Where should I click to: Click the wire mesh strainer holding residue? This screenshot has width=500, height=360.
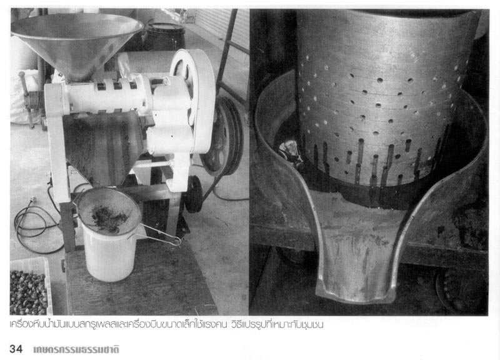tap(108, 211)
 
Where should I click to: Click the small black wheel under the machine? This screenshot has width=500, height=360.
tap(193, 194)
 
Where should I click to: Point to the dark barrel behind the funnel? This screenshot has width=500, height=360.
tap(165, 37)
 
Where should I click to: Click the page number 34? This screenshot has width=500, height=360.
tap(16, 349)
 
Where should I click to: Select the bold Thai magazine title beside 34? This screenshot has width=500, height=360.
tap(76, 349)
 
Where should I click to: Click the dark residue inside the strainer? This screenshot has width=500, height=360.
tap(109, 217)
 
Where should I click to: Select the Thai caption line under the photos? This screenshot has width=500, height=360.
tap(166, 324)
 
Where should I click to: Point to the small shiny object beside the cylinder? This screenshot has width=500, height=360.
tap(289, 151)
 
